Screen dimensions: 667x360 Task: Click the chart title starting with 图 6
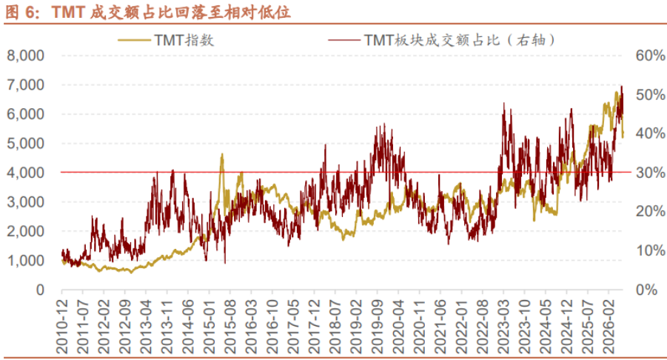pos(147,12)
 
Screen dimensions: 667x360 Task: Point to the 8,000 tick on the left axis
pos(25,56)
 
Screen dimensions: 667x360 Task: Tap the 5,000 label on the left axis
pos(25,144)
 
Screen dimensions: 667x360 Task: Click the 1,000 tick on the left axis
pos(25,261)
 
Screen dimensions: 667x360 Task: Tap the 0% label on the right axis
pos(647,290)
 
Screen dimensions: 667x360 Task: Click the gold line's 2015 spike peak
pos(221,155)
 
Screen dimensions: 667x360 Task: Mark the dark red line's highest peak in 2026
pos(622,87)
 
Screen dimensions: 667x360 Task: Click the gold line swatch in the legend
pos(135,41)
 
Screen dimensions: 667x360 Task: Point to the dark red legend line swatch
pos(343,41)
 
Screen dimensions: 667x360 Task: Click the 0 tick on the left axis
pos(41,290)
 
